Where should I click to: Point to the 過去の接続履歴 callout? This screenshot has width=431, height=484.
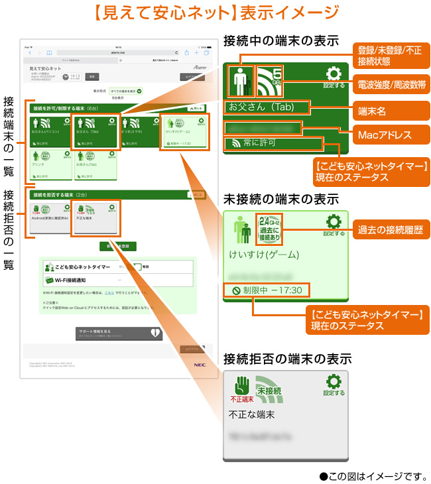(x=390, y=229)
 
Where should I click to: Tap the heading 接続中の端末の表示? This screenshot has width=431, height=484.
(x=281, y=39)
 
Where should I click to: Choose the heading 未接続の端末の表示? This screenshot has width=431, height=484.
(x=281, y=199)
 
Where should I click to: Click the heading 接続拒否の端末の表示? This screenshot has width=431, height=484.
(x=287, y=359)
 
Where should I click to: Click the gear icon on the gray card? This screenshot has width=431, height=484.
(x=334, y=383)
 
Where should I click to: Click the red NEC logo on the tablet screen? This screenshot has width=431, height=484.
(x=200, y=364)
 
